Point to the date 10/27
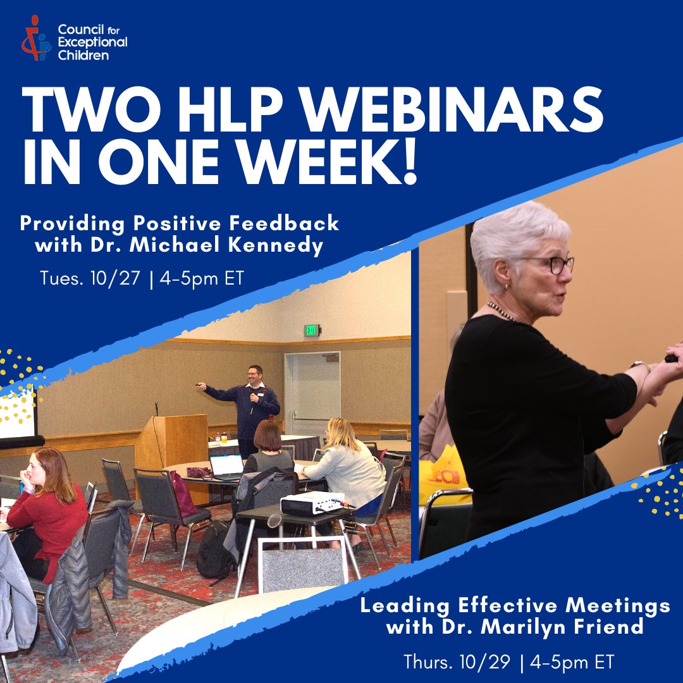pyautogui.click(x=118, y=278)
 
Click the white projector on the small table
pyautogui.click(x=312, y=503)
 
